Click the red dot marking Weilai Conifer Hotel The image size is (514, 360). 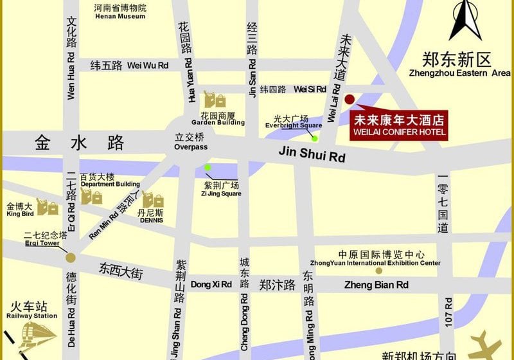(350, 99)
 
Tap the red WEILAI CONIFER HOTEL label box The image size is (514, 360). (400, 125)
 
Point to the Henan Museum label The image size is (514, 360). (120, 12)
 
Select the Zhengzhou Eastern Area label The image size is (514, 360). (459, 66)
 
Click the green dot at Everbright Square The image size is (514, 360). (315, 138)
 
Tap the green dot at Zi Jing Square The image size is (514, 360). (208, 168)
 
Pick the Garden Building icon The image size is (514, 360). (215, 100)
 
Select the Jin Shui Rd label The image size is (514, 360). (312, 154)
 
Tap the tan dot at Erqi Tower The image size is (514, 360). (71, 257)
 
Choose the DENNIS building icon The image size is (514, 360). (153, 201)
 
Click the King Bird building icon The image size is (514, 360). (47, 207)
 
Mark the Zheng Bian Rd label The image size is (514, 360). (376, 285)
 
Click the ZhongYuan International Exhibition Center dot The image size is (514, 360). (379, 271)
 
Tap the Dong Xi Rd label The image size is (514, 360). (211, 284)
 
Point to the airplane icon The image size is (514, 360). (486, 344)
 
